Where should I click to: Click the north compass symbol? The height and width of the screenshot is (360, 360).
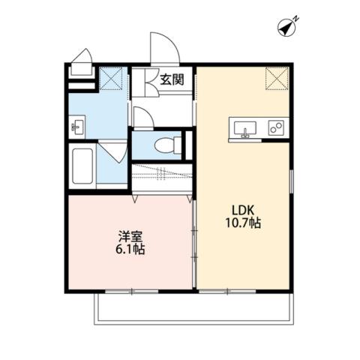tap(287, 28)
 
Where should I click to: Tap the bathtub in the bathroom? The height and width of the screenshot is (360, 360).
tap(82, 166)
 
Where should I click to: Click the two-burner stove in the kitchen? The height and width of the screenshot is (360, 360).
tap(276, 127)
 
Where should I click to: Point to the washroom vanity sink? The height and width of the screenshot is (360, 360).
tap(77, 125)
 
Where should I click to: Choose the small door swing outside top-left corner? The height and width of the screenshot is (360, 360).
tap(81, 58)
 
